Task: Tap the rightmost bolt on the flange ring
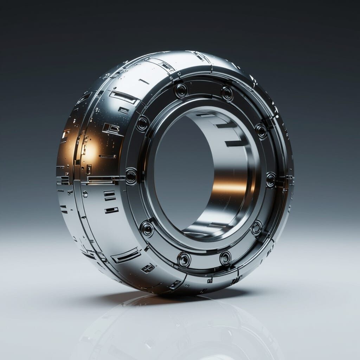click(271, 180)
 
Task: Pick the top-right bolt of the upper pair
click(227, 93)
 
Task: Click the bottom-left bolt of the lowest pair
click(184, 260)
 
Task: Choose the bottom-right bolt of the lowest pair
click(225, 258)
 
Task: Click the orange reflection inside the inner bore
click(230, 188)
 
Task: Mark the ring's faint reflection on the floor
click(176, 327)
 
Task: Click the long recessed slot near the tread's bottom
click(126, 255)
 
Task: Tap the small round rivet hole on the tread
click(85, 194)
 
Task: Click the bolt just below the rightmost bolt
click(257, 227)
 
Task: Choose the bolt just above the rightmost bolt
click(261, 131)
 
